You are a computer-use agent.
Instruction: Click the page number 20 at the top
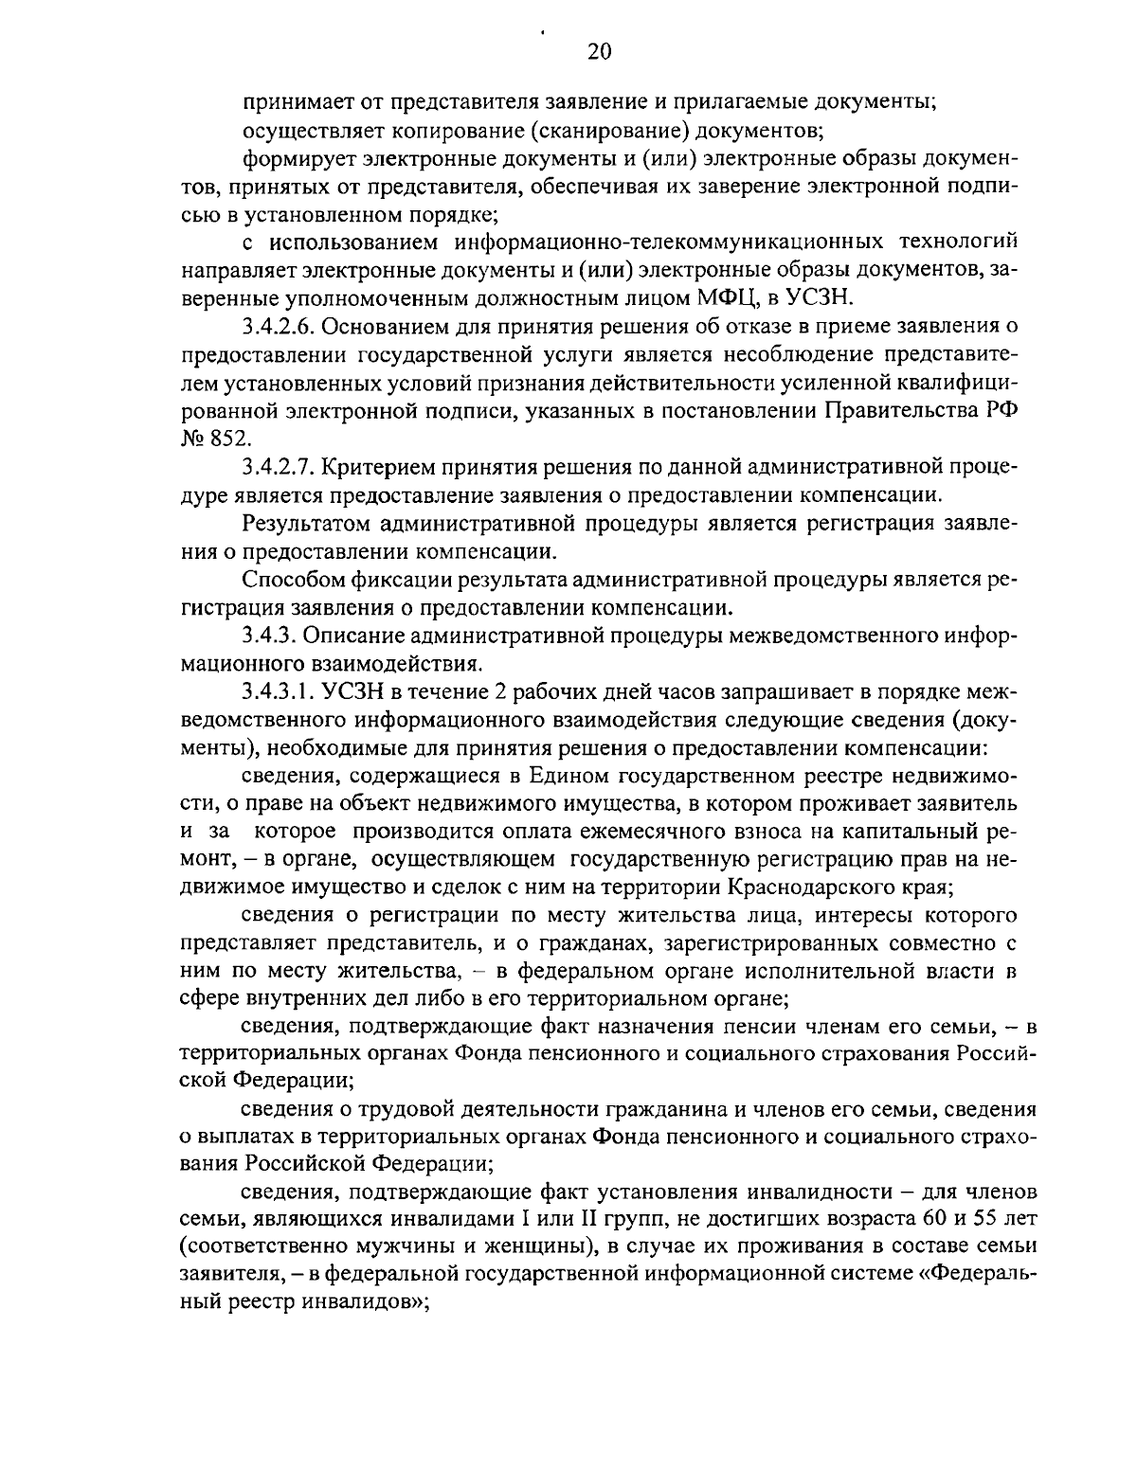[599, 51]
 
